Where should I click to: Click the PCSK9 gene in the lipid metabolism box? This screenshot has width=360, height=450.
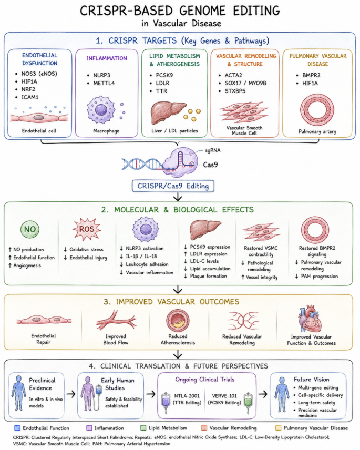[164, 75]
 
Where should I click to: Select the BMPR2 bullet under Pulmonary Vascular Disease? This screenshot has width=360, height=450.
[311, 75]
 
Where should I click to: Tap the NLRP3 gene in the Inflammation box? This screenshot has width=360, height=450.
[101, 75]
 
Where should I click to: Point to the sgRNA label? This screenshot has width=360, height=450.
[212, 150]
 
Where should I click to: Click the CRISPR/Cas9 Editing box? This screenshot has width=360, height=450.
[173, 186]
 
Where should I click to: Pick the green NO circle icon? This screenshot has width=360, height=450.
[30, 229]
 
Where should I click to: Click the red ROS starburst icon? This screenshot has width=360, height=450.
[87, 229]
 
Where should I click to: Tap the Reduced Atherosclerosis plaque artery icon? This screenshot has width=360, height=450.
[178, 321]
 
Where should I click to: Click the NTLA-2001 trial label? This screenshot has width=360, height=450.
[187, 396]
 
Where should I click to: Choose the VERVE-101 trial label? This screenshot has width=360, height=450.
[224, 396]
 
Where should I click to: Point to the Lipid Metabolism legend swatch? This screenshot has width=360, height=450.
[143, 428]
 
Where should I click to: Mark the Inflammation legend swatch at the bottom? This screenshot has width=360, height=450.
[89, 428]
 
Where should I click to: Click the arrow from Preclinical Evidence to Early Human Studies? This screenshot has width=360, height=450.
[71, 394]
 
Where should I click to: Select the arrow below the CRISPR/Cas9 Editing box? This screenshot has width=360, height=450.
[178, 197]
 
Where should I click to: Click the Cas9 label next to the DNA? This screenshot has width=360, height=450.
[210, 165]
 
